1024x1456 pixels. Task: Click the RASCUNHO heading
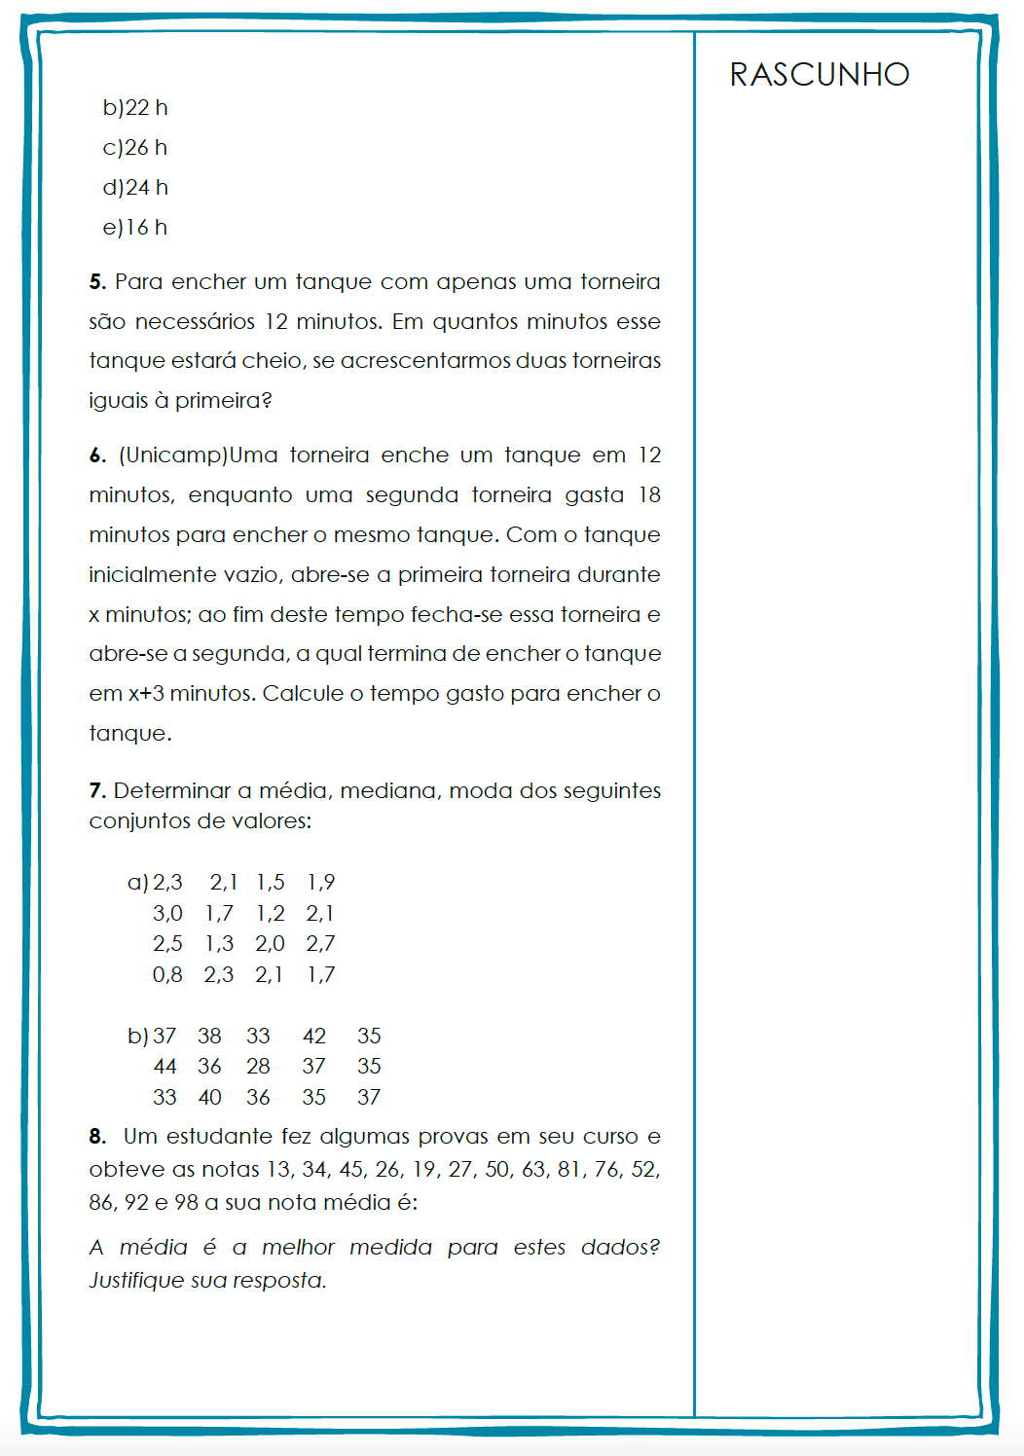click(820, 75)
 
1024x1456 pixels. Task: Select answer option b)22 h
click(135, 108)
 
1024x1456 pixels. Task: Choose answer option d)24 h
click(135, 188)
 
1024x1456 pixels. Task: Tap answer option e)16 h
click(135, 228)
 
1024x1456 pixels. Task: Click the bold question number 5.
click(96, 282)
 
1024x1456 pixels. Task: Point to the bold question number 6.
click(96, 455)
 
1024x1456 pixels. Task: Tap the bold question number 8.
click(96, 1137)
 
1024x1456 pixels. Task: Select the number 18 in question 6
click(649, 495)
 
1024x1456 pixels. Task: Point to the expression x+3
click(146, 694)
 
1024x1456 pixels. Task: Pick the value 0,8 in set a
click(167, 975)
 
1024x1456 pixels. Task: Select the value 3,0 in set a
click(167, 914)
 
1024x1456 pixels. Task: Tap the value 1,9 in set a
click(320, 883)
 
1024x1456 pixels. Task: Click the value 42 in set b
click(314, 1037)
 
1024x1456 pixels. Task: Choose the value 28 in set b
click(258, 1067)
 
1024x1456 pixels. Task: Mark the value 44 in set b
click(165, 1067)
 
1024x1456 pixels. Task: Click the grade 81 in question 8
click(569, 1170)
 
